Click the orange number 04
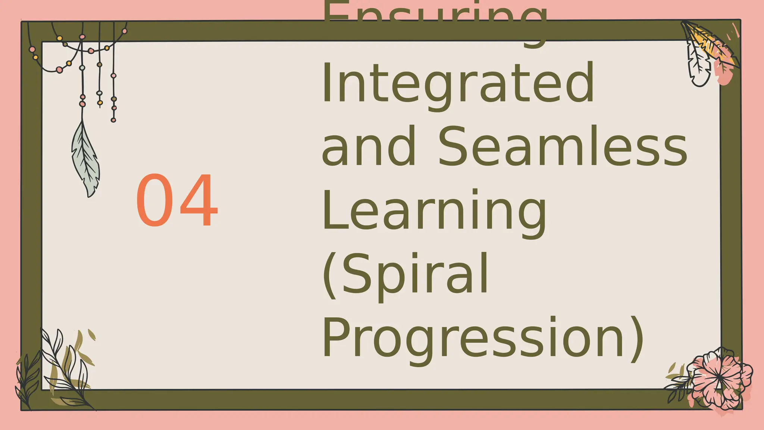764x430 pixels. coord(176,200)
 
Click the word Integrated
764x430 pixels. coord(458,83)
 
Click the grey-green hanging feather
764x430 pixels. coord(86,161)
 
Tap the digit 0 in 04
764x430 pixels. coord(154,200)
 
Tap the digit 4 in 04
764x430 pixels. coord(199,200)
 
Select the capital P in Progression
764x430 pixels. coord(337,337)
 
